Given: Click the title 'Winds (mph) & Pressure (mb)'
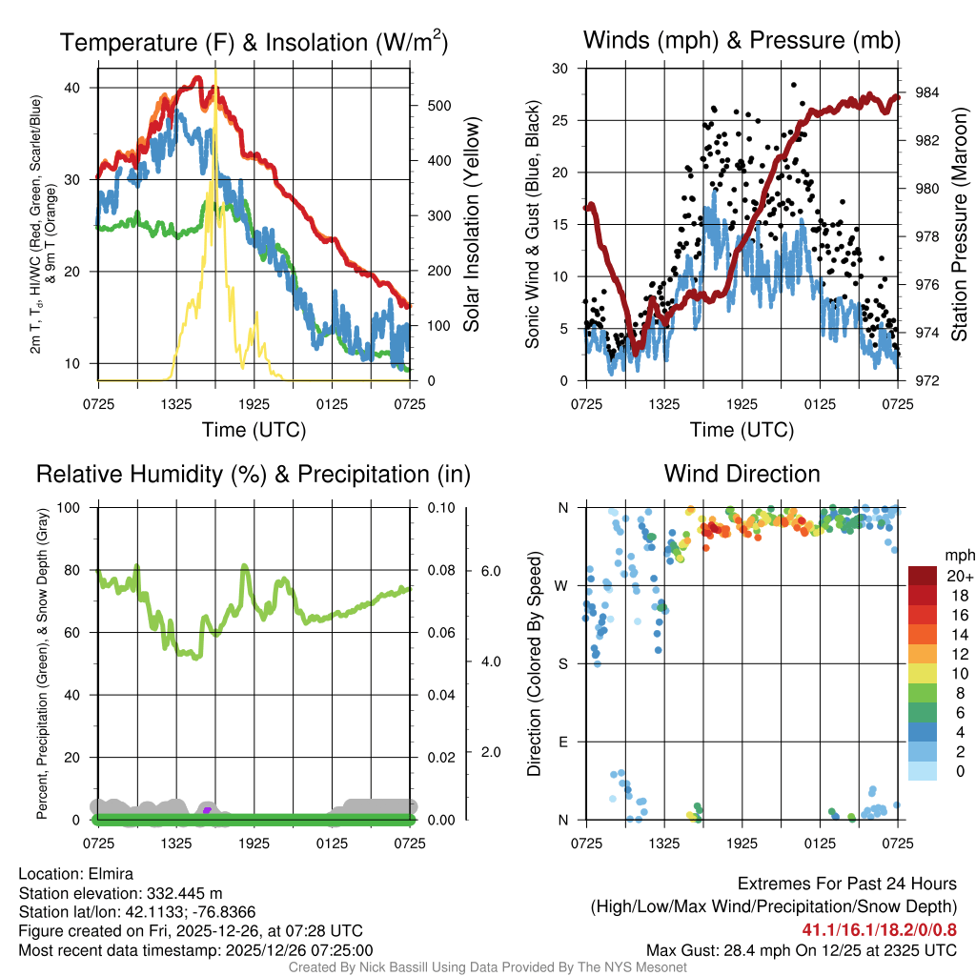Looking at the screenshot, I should coord(742,41).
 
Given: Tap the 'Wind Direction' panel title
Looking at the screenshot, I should coord(742,474).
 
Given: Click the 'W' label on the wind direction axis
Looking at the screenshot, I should coord(562,585).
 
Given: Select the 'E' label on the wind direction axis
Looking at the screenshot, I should coord(562,742).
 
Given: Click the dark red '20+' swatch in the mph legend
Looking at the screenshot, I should coord(925,576).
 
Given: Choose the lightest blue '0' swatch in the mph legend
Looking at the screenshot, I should coord(925,770).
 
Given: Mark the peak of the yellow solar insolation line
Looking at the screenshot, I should coord(216,71).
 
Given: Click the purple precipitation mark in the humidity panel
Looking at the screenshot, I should coord(207,810).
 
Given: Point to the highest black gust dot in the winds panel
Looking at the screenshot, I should coord(794,85).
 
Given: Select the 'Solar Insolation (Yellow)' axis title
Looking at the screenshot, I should coord(472,224).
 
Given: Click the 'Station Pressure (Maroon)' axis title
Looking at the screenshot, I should coord(960,224).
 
